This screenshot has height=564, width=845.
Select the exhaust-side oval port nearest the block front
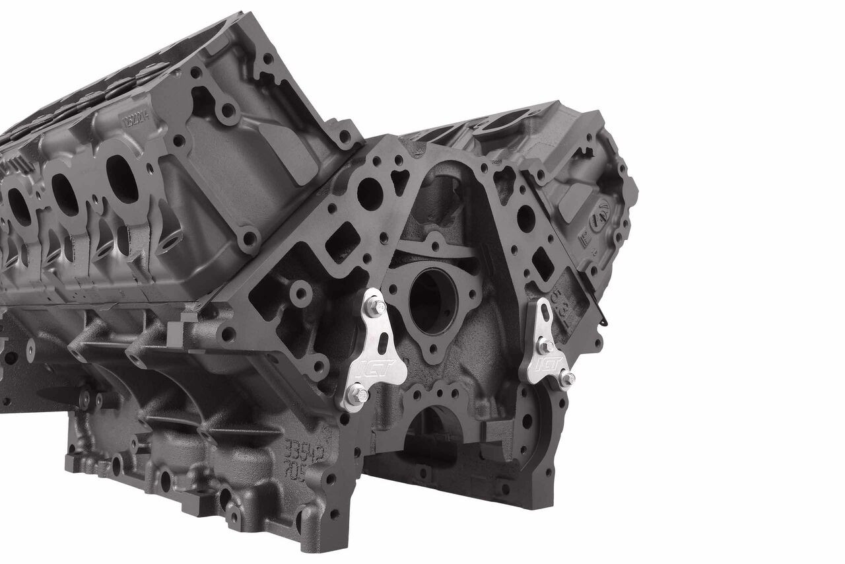click(121, 179)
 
